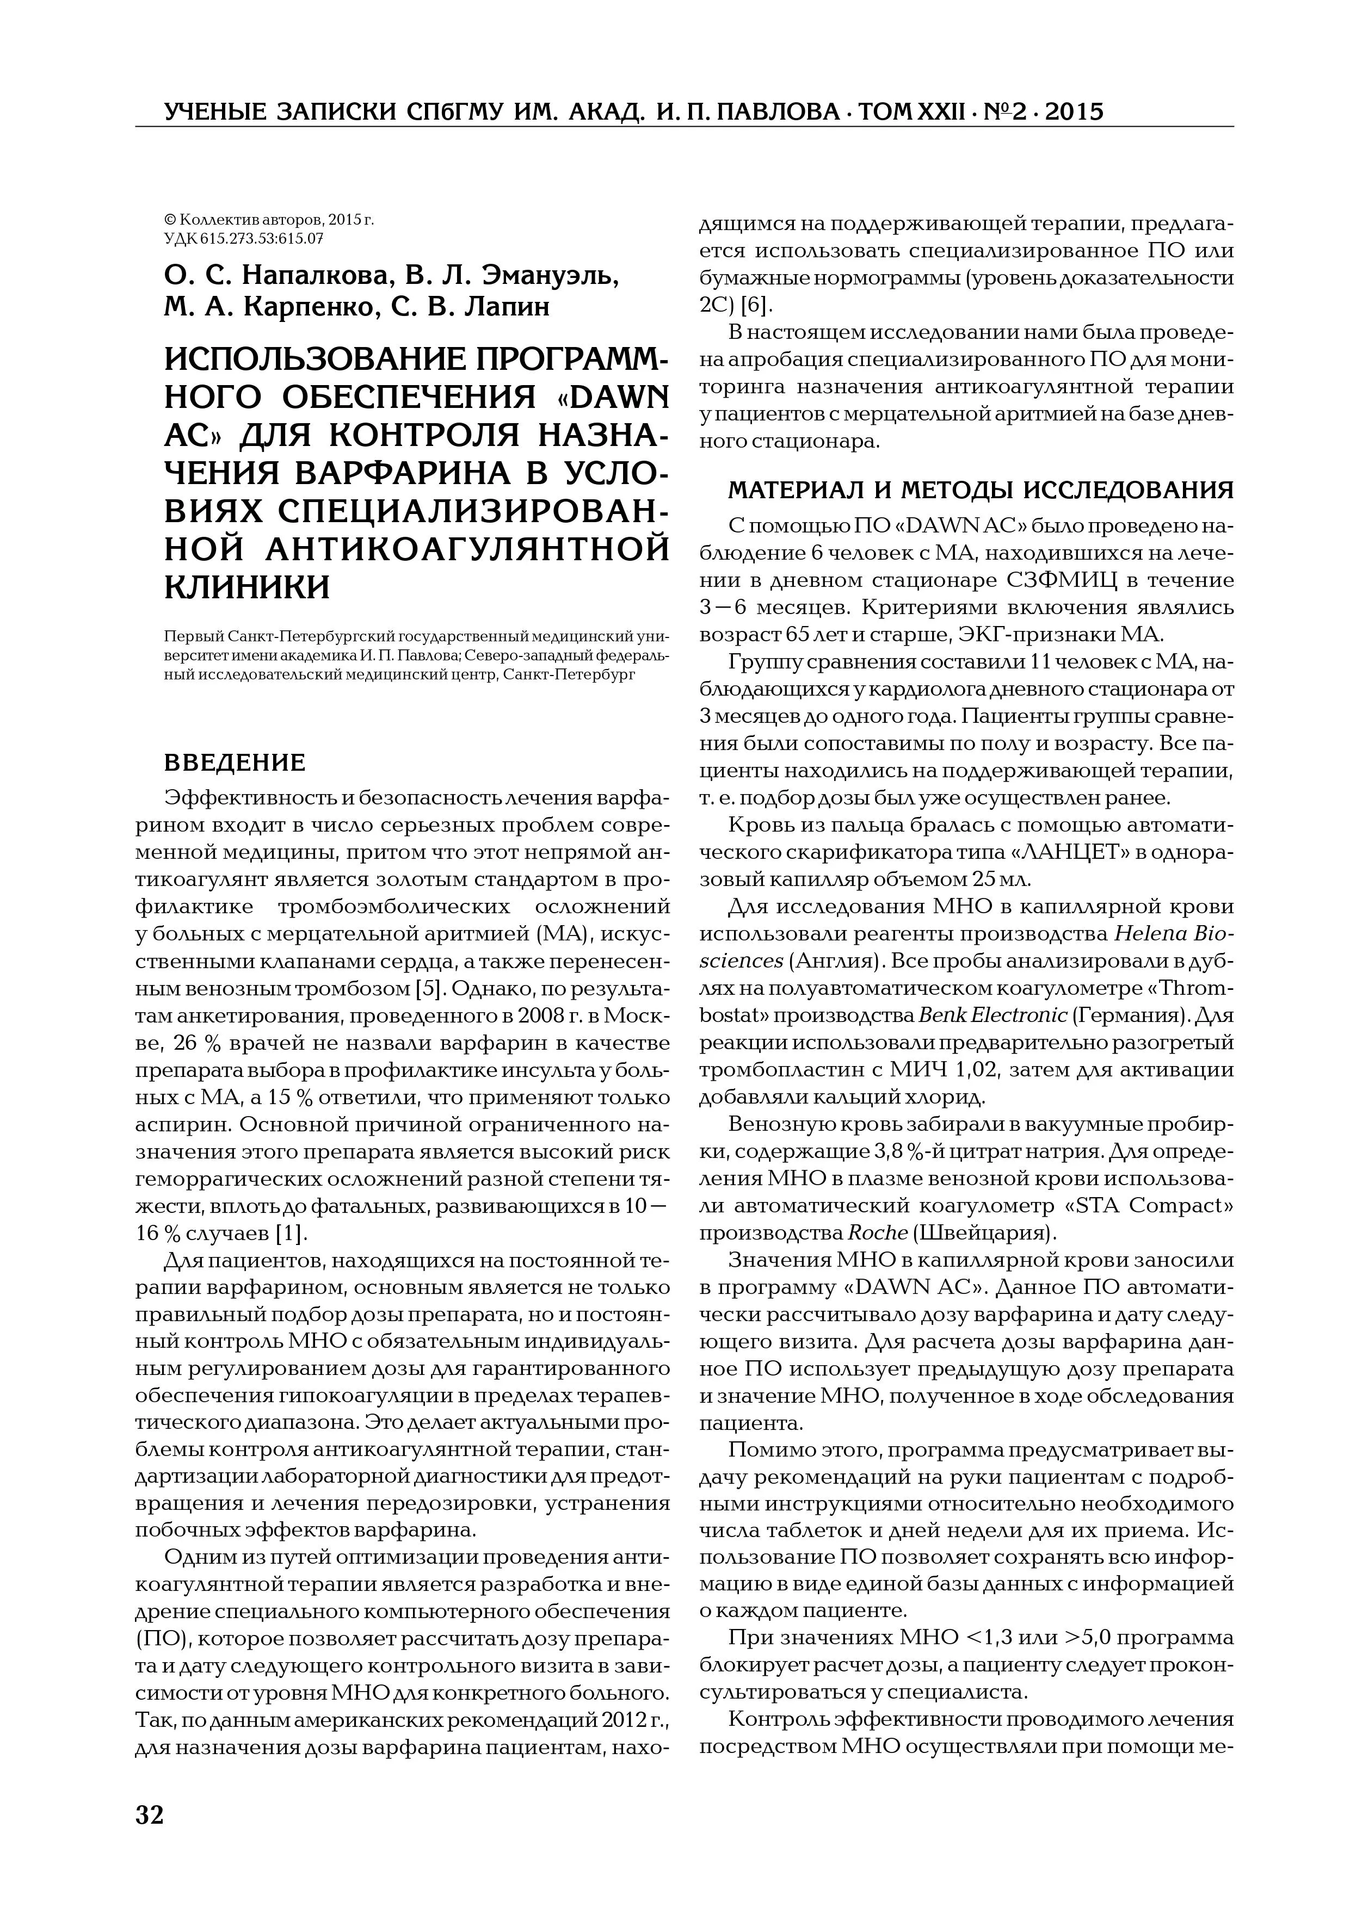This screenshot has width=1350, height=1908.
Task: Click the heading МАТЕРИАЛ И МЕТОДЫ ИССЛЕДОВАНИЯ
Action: pyautogui.click(x=981, y=490)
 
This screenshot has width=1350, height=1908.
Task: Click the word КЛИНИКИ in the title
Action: pyautogui.click(x=247, y=587)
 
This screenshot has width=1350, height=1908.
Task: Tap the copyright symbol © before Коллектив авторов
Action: pyautogui.click(x=170, y=220)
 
